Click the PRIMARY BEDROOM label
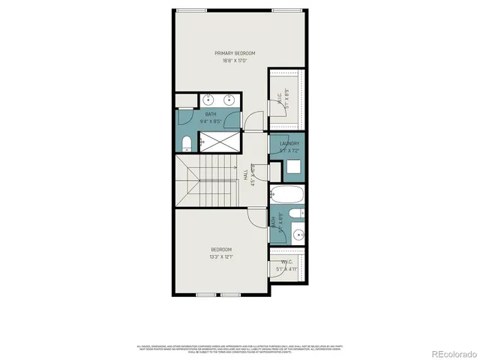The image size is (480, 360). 235,53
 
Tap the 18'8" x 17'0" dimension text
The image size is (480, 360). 235,61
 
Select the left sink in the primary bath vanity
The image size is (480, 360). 208,99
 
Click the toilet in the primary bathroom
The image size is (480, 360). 187,142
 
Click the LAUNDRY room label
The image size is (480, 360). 289,143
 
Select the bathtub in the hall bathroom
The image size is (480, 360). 287,196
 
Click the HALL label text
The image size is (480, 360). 245,173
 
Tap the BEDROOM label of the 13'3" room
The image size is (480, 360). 220,250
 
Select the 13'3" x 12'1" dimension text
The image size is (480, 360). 220,257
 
